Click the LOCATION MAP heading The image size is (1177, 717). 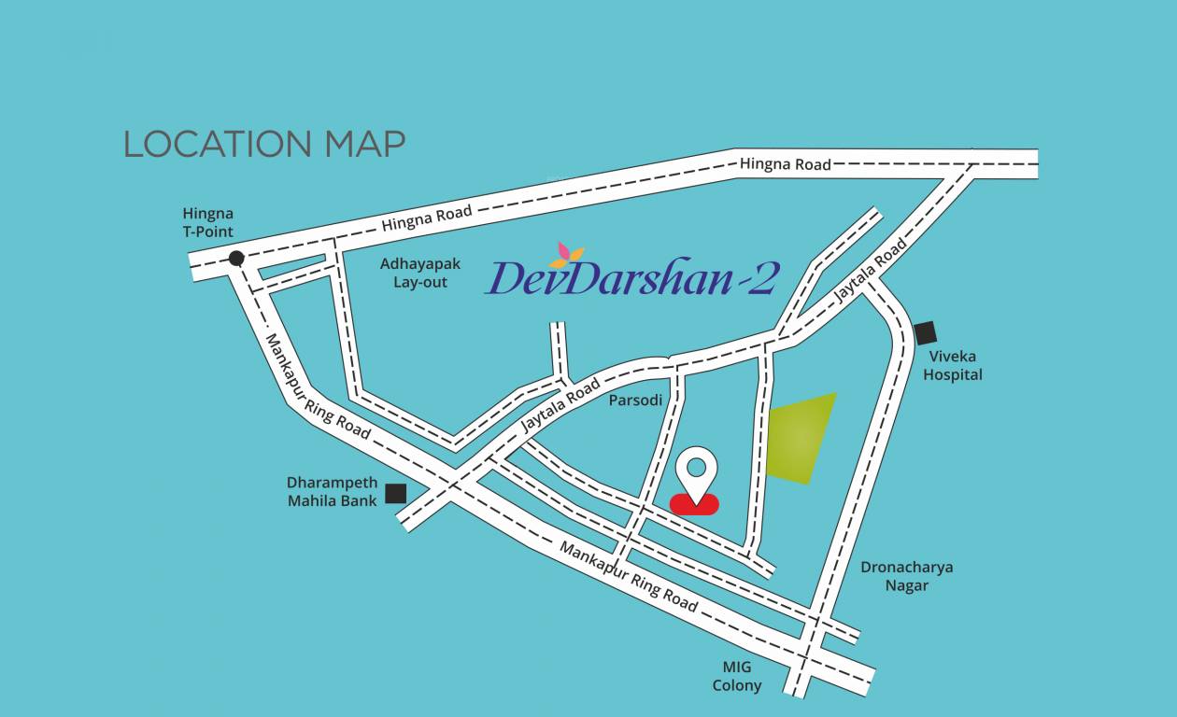[x=264, y=144]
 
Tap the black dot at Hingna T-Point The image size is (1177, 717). [x=236, y=259]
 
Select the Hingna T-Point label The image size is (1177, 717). [x=208, y=223]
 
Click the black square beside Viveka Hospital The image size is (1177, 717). [x=925, y=332]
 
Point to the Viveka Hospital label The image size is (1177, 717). [x=953, y=366]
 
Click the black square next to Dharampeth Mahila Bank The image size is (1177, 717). [x=396, y=493]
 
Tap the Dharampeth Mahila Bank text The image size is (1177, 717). [x=333, y=492]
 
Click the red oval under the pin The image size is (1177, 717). [x=695, y=504]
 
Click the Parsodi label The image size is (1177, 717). [x=635, y=401]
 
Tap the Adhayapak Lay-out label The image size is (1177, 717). [x=420, y=274]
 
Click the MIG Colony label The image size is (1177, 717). [x=737, y=677]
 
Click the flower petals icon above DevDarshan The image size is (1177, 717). [x=566, y=254]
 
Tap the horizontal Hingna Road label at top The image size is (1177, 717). [x=785, y=164]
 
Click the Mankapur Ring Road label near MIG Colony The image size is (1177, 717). [x=629, y=577]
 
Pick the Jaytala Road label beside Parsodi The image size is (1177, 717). [x=560, y=405]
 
